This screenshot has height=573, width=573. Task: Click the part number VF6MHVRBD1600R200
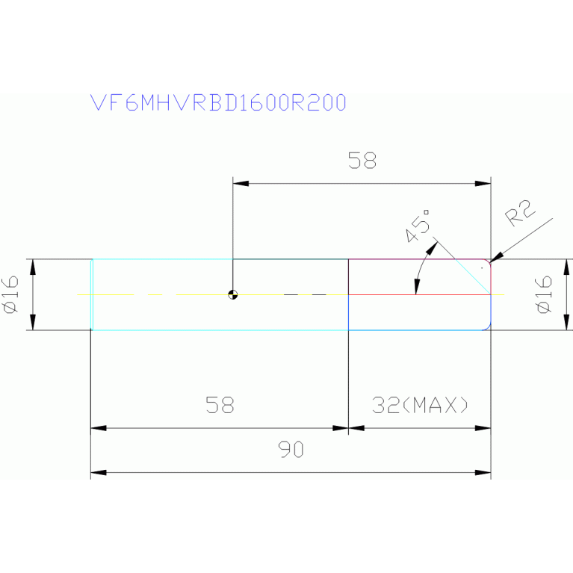(x=218, y=103)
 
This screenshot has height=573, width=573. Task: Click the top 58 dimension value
(x=362, y=161)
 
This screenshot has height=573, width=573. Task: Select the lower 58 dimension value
(x=220, y=405)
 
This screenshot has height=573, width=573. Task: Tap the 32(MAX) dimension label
(x=420, y=405)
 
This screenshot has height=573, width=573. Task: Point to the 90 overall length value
(x=291, y=450)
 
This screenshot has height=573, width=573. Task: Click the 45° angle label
(x=419, y=225)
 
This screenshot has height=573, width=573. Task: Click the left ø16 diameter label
(x=10, y=294)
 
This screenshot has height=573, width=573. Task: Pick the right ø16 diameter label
(x=544, y=294)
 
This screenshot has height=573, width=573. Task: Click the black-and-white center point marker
(x=233, y=294)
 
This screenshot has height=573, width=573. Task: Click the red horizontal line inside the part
(x=418, y=294)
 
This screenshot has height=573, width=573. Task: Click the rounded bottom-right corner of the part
(x=487, y=326)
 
